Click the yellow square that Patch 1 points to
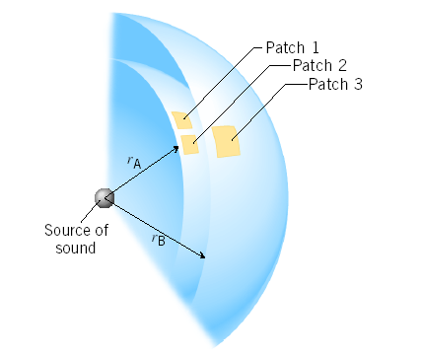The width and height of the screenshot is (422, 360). [x=182, y=120]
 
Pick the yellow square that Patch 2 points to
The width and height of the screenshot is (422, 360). [x=190, y=144]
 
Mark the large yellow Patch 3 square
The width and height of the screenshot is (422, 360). [x=227, y=141]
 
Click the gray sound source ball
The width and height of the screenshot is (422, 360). [x=105, y=198]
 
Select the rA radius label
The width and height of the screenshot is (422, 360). [x=134, y=162]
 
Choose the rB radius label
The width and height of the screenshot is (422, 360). [x=158, y=238]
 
